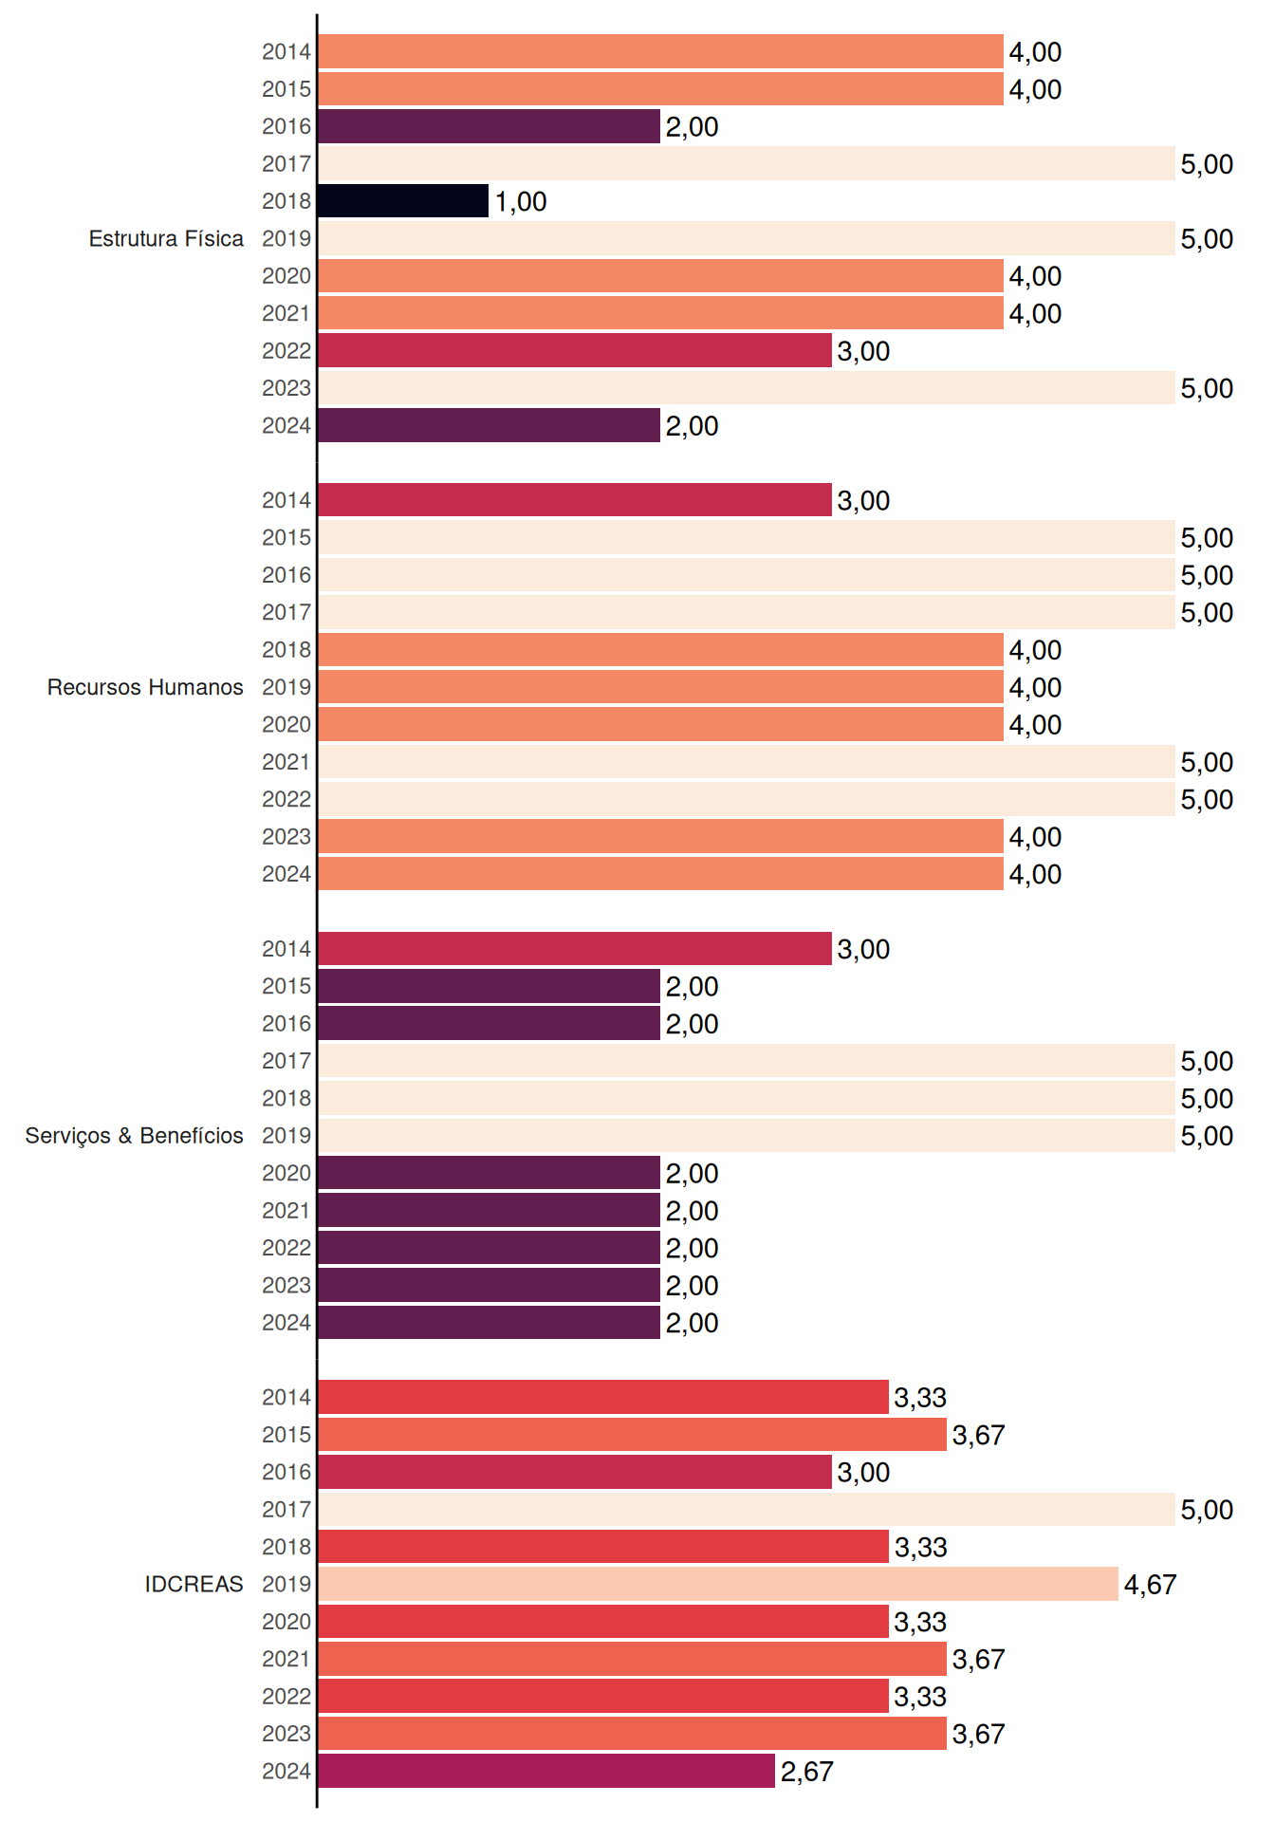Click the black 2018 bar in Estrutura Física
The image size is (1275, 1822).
[x=403, y=201]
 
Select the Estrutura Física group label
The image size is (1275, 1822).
[x=166, y=238]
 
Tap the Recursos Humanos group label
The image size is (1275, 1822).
[x=145, y=687]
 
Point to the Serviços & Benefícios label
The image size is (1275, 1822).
[x=134, y=1136]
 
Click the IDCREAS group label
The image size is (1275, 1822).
[x=194, y=1584]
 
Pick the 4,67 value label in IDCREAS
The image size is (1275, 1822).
[x=1150, y=1585]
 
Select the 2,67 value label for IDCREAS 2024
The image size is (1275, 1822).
[x=806, y=1772]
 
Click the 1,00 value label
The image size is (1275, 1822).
[x=521, y=201]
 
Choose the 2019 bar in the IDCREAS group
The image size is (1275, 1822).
[x=718, y=1584]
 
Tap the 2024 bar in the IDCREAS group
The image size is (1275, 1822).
[x=546, y=1771]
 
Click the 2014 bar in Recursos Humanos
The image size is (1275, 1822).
[x=575, y=500]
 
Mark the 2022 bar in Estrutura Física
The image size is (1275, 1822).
[x=575, y=350]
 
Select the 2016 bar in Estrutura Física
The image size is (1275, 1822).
[x=490, y=126]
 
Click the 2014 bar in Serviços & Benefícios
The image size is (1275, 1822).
[x=575, y=949]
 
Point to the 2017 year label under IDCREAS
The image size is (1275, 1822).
[x=286, y=1510]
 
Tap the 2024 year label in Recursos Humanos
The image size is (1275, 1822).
[x=286, y=874]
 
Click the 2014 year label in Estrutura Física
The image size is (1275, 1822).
[x=286, y=52]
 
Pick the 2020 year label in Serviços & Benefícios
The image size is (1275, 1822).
[x=286, y=1173]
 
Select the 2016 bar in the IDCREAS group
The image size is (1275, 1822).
[x=575, y=1472]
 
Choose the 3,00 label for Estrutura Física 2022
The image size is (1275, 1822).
[x=863, y=351]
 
